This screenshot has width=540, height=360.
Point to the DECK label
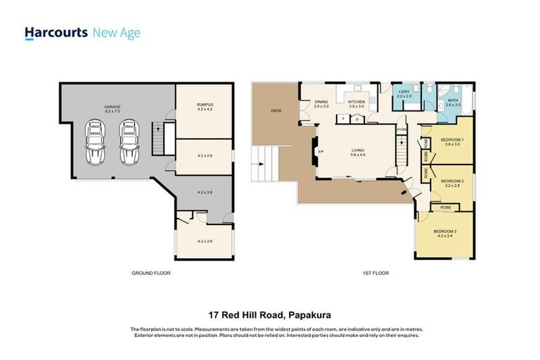(x=276, y=110)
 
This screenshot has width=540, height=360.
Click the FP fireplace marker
(x=321, y=152)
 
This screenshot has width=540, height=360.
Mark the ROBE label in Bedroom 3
(x=446, y=208)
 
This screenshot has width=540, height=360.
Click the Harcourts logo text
(x=56, y=32)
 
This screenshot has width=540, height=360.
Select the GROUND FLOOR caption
(x=151, y=273)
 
